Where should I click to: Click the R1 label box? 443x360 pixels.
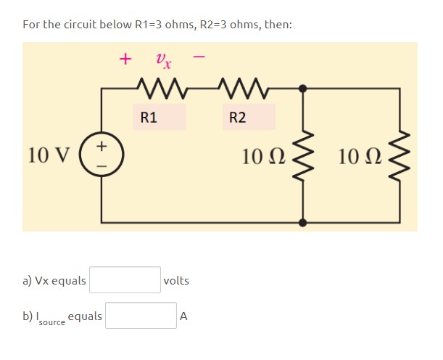coord(159,117)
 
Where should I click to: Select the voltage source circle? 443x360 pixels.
coord(101,155)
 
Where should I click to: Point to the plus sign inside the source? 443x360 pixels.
coord(101,146)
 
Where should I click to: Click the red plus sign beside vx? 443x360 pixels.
coord(126,58)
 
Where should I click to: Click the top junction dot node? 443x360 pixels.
coord(302,89)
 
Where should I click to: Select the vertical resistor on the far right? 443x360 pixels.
coord(399,155)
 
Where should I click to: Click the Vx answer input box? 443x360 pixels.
coord(125,280)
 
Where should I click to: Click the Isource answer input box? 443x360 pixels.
coord(141,316)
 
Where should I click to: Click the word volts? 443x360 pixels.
coord(176,280)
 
